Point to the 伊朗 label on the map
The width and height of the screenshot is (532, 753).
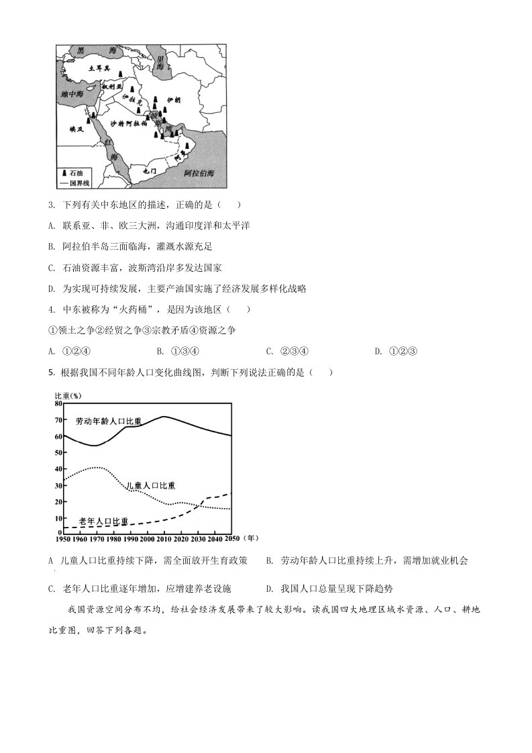tap(173, 99)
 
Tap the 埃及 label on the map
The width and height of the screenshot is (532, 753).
tap(68, 128)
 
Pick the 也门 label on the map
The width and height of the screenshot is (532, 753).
tap(150, 172)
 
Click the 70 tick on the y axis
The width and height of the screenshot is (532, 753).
tap(58, 420)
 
